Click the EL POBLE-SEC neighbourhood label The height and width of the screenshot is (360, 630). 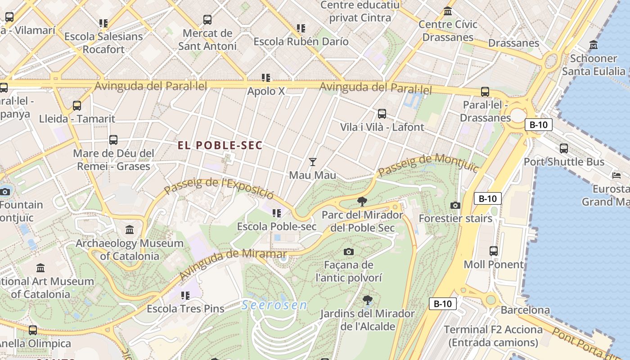(220, 145)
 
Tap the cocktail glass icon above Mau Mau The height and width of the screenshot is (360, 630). (313, 162)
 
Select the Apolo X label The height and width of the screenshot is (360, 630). (266, 91)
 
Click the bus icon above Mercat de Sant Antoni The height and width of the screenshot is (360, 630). (207, 20)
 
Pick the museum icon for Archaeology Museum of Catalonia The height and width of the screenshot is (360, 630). (130, 230)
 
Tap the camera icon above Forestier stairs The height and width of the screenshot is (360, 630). (455, 206)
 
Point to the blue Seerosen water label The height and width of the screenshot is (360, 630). (274, 306)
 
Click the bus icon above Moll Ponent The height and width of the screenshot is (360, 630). (494, 251)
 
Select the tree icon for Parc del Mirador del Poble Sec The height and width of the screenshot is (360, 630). (362, 202)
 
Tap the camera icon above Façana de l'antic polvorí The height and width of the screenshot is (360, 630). (348, 252)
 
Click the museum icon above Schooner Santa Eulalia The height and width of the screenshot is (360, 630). (594, 45)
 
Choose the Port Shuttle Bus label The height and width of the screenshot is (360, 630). (564, 162)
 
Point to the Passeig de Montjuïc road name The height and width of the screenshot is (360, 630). (428, 165)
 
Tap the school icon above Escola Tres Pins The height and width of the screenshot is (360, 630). (185, 296)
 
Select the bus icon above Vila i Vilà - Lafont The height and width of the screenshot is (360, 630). (382, 114)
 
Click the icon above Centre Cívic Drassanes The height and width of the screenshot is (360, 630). (448, 11)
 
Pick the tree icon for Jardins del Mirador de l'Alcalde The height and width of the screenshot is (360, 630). (368, 300)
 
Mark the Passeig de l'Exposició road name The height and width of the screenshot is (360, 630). (219, 188)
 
